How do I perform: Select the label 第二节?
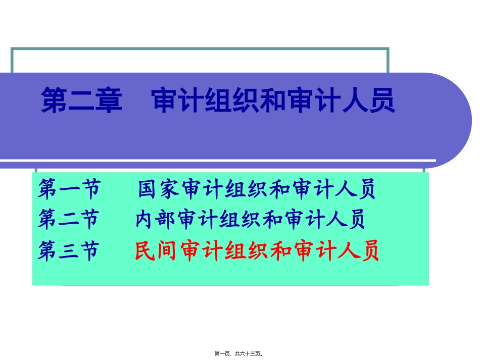[x=68, y=220]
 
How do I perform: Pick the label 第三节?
[x=68, y=251]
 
